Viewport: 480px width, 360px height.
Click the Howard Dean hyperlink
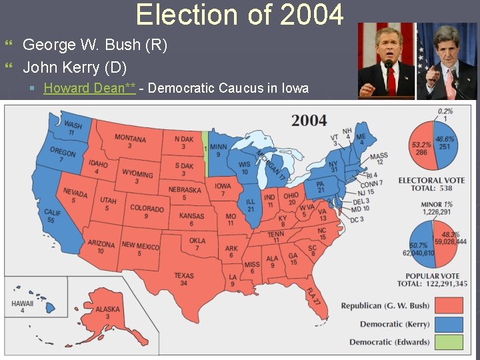(x=89, y=88)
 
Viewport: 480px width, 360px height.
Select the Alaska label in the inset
(x=107, y=312)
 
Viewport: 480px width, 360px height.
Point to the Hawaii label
(x=23, y=307)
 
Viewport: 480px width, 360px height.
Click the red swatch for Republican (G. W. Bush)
(x=449, y=306)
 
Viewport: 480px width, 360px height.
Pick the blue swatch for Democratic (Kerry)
(x=449, y=325)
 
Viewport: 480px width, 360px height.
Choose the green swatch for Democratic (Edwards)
(x=449, y=343)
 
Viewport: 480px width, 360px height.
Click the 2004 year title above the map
(x=309, y=121)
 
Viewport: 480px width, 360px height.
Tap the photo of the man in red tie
(x=387, y=61)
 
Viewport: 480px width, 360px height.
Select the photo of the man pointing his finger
(x=446, y=61)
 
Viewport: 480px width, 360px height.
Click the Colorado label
(x=147, y=211)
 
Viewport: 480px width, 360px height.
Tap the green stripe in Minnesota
(x=205, y=150)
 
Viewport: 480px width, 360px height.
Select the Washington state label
(x=73, y=129)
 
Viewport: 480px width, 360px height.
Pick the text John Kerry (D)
(x=75, y=67)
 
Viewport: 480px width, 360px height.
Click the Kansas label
(x=191, y=219)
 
